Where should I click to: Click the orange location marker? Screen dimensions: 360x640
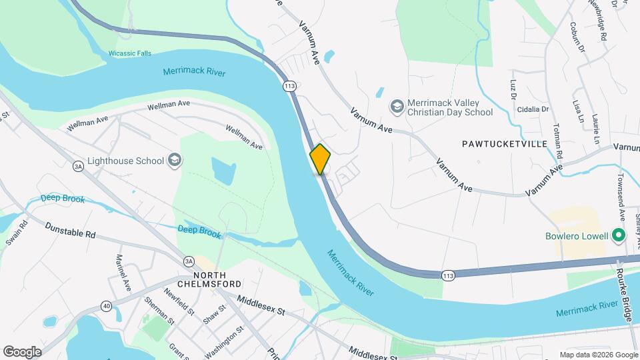[320, 159]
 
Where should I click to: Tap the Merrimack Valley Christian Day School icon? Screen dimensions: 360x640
[397, 107]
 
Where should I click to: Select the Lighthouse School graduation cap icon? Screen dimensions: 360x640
[175, 160]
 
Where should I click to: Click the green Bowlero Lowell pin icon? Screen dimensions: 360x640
[618, 236]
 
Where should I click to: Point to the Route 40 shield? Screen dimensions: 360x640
[107, 305]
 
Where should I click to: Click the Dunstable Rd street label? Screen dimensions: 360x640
[71, 231]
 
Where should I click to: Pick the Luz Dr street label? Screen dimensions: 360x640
[513, 90]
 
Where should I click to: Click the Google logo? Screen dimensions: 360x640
[22, 351]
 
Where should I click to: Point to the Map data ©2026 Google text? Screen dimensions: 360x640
[597, 355]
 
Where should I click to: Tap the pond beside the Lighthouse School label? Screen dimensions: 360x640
[223, 171]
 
